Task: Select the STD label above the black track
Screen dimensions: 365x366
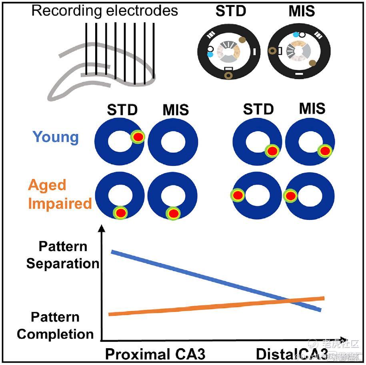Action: tap(231, 11)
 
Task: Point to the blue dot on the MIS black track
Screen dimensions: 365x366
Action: tap(296, 35)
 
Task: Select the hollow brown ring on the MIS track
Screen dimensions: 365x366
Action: tap(272, 51)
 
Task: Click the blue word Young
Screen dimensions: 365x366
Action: tap(56, 137)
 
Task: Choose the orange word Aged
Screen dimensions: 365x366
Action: tap(47, 185)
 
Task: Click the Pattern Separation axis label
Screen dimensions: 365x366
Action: tap(62, 255)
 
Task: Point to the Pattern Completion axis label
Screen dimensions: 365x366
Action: tap(55, 325)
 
